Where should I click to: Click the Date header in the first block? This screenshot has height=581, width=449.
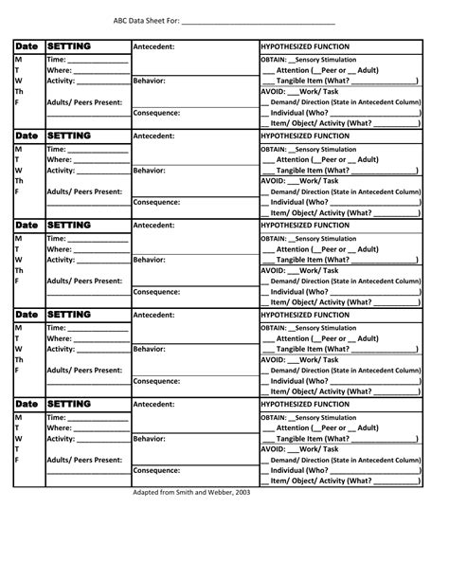(26, 46)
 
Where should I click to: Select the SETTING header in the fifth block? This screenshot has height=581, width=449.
(69, 404)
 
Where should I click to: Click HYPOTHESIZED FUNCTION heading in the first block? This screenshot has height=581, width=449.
(304, 46)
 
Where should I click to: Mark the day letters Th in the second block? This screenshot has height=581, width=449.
(20, 180)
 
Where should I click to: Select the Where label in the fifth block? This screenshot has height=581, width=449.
(59, 427)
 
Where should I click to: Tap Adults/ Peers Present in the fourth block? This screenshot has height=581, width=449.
(84, 370)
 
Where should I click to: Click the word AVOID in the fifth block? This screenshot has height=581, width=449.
(272, 448)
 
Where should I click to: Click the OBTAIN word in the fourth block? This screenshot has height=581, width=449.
(275, 327)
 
